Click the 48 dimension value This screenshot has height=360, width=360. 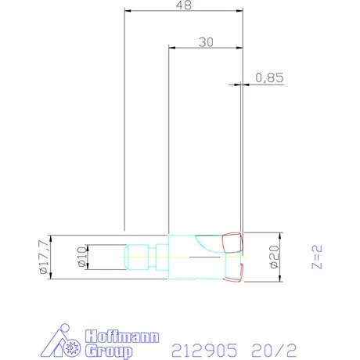point(184,5)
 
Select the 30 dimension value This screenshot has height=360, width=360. point(206,42)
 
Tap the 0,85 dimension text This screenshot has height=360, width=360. point(269,77)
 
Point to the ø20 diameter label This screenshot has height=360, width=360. point(274,257)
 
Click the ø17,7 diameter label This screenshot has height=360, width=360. point(44,257)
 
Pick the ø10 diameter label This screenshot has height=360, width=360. point(81,257)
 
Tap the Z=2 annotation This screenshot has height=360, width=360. point(317,257)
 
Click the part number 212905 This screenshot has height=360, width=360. point(204,350)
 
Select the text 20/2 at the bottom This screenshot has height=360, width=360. point(274,350)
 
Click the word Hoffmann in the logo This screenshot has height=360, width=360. point(122,337)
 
